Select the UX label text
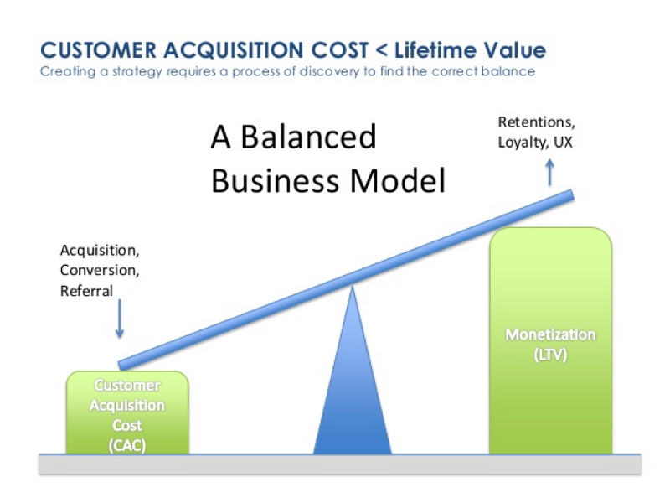[x=563, y=143]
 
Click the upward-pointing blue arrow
[x=550, y=172]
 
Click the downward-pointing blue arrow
[x=119, y=321]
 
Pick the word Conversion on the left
[x=98, y=270]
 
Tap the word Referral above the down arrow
[x=85, y=291]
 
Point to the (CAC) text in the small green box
[x=127, y=444]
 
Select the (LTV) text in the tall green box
[x=550, y=355]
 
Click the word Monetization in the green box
[x=550, y=335]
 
